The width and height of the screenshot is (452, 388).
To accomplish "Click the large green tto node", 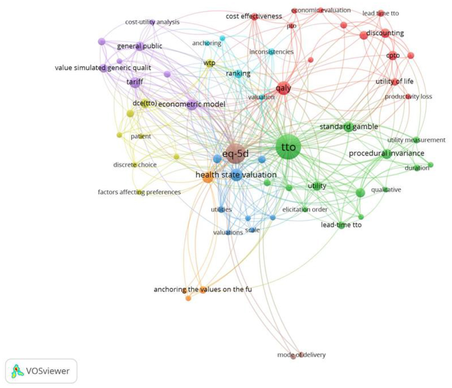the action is click(288, 147).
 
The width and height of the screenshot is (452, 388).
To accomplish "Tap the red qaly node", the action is click(283, 88).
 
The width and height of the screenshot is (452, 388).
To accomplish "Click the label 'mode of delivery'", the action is click(301, 355).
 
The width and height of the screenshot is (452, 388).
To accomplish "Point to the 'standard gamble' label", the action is click(349, 127).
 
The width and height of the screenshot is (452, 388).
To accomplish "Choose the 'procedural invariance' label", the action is click(386, 153).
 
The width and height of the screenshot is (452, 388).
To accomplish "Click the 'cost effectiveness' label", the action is click(254, 16).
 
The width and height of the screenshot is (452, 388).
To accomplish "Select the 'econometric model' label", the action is click(192, 104).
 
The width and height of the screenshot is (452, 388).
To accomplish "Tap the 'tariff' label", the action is click(135, 82).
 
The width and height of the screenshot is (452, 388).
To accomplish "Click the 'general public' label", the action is click(140, 46).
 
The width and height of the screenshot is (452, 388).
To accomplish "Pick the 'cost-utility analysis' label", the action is click(152, 22).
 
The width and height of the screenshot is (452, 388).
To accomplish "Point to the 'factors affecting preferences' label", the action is click(139, 192).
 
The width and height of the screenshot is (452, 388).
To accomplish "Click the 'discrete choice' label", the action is click(135, 165).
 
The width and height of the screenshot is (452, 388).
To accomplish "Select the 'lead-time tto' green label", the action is click(341, 225).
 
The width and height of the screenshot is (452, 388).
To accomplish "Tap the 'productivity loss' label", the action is click(408, 96).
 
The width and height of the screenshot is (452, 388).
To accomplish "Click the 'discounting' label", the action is click(385, 33).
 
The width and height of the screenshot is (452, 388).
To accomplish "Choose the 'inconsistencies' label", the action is click(271, 52).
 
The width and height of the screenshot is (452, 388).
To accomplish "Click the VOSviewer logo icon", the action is click(17, 371).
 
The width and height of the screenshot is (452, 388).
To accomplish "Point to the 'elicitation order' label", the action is click(305, 209).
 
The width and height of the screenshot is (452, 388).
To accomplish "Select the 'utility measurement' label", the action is click(416, 140).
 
